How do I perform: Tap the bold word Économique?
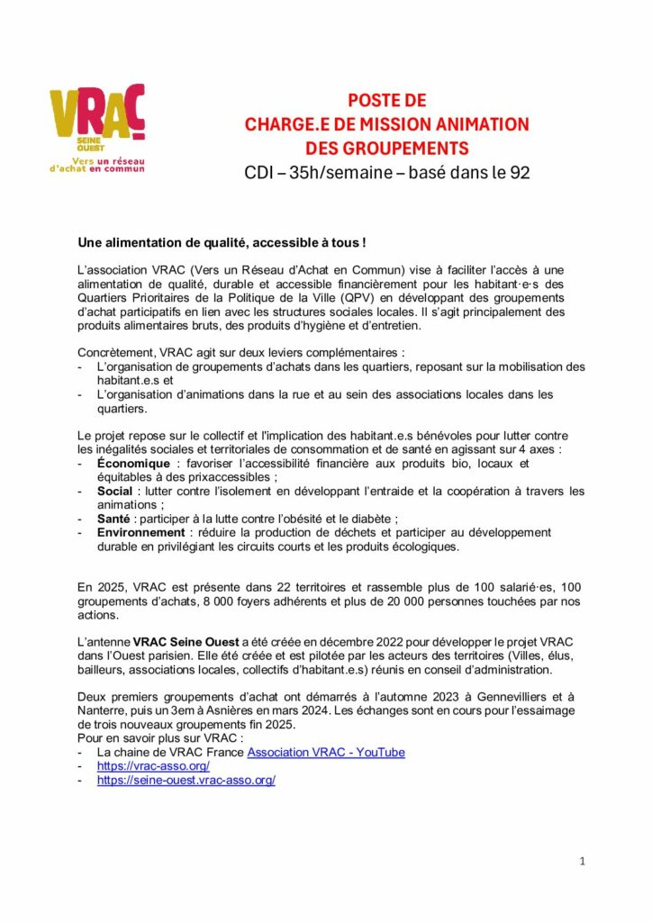(133, 464)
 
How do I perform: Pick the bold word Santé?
(116, 519)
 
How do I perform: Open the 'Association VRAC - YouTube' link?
(326, 752)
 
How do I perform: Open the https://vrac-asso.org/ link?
(153, 766)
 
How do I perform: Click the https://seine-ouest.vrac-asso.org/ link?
(186, 780)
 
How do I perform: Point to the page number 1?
(583, 861)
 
